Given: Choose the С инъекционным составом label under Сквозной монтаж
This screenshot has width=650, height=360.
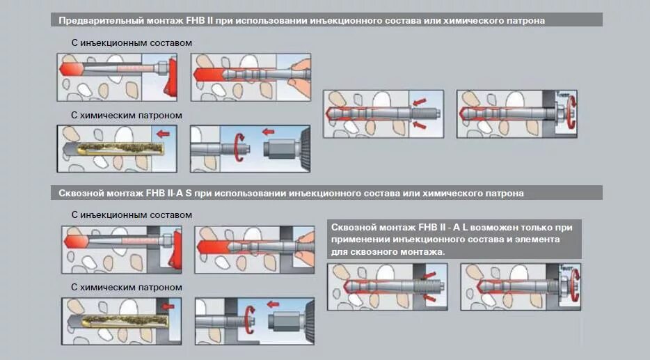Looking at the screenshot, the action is (x=132, y=215).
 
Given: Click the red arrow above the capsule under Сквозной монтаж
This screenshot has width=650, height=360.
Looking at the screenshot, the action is (x=166, y=306).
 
